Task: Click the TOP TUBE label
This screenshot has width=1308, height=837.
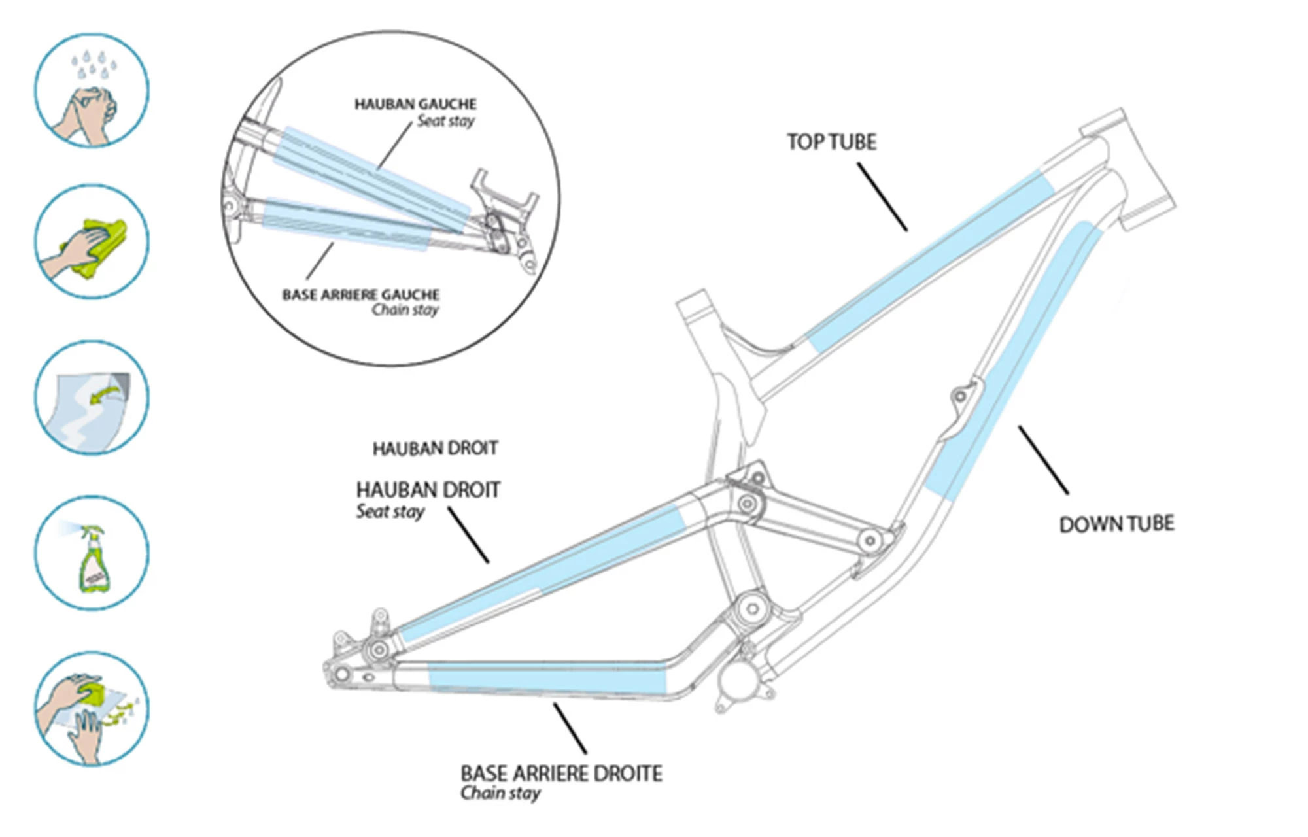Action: [831, 142]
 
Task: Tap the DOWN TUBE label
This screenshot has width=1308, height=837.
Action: [1116, 524]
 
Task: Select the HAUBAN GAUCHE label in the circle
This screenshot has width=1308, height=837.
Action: [415, 104]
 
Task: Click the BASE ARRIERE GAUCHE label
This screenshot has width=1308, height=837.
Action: [360, 295]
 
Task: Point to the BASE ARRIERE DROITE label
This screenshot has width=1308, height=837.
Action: [561, 774]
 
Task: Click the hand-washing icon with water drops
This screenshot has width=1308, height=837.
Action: [92, 90]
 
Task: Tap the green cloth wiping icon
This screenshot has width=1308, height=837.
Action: [92, 241]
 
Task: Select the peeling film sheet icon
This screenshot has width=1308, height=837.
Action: [92, 397]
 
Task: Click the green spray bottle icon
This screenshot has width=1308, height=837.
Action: [92, 553]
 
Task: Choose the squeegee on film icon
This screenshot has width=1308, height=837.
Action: [92, 708]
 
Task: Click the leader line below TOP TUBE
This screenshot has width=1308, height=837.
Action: [882, 197]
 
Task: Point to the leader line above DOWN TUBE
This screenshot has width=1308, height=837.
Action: [1043, 460]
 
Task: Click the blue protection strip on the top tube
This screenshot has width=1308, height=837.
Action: [929, 262]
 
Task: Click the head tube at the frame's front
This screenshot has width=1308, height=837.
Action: [1128, 170]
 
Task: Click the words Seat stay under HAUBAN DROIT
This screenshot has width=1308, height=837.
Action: [390, 511]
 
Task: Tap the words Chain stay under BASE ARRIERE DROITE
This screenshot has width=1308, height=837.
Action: [500, 793]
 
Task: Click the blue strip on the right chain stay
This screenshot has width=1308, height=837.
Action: [546, 680]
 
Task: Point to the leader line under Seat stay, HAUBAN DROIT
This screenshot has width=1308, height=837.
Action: [468, 535]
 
